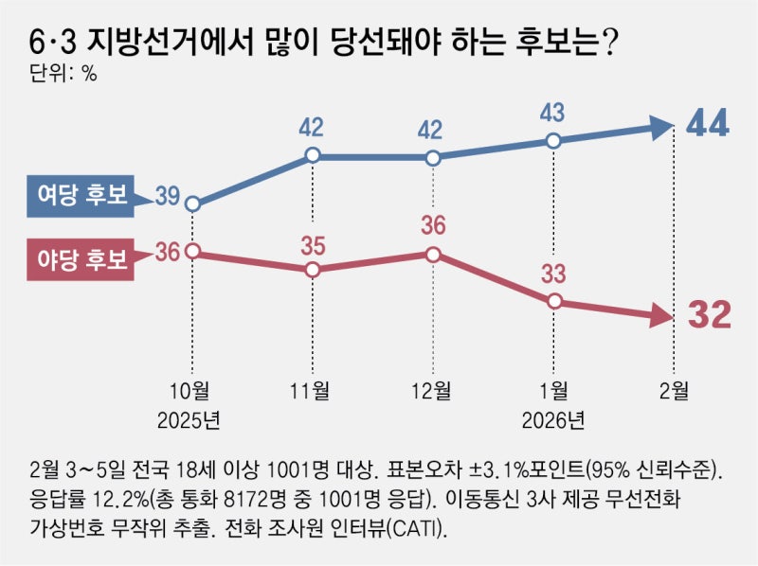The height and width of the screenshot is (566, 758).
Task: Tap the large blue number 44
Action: point(707,125)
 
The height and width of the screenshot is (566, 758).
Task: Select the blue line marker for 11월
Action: point(313,157)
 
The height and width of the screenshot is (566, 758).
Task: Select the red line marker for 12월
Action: point(433,254)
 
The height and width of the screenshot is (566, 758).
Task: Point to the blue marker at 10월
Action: point(192,203)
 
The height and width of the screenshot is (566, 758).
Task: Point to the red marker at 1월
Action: point(554,302)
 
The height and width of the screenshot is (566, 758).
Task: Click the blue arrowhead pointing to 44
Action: point(660,126)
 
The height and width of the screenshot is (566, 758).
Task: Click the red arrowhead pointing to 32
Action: point(660,319)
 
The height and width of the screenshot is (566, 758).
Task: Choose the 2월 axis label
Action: point(674,390)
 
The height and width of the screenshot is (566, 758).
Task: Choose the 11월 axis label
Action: point(313,390)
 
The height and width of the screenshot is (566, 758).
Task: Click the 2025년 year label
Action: point(192,416)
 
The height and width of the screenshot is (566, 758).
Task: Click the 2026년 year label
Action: point(554,416)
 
